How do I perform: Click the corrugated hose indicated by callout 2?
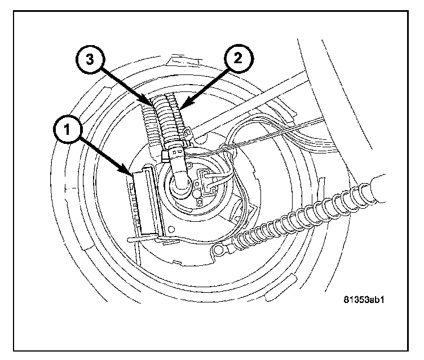click(171, 121)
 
